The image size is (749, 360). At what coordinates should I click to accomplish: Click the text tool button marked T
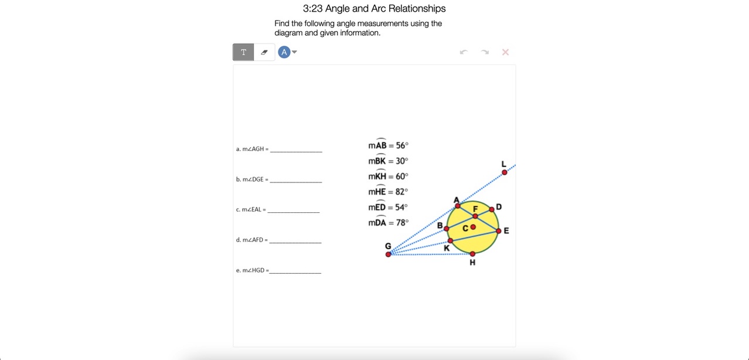pos(243,52)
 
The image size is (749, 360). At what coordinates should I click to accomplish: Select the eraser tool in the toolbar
pos(264,52)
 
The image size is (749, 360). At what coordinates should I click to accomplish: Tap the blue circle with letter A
pos(284,52)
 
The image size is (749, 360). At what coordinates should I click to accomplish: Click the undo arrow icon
pos(464,52)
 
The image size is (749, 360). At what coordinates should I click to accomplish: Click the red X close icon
pos(505,52)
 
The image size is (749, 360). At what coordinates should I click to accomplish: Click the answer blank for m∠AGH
pos(296,151)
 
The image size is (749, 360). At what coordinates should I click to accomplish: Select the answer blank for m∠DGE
pos(296,182)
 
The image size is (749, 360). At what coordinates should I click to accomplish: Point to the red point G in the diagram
pos(388,254)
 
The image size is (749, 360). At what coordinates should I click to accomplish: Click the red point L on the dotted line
pos(504,172)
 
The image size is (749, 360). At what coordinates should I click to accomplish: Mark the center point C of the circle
pos(473,227)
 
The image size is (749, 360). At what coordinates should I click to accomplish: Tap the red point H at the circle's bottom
pos(472,254)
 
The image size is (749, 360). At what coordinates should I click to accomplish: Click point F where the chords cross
pos(475,216)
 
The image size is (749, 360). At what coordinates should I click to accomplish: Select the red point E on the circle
pos(499,231)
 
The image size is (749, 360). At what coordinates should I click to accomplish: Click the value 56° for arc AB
pos(402,145)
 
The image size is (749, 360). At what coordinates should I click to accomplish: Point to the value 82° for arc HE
pos(402,192)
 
